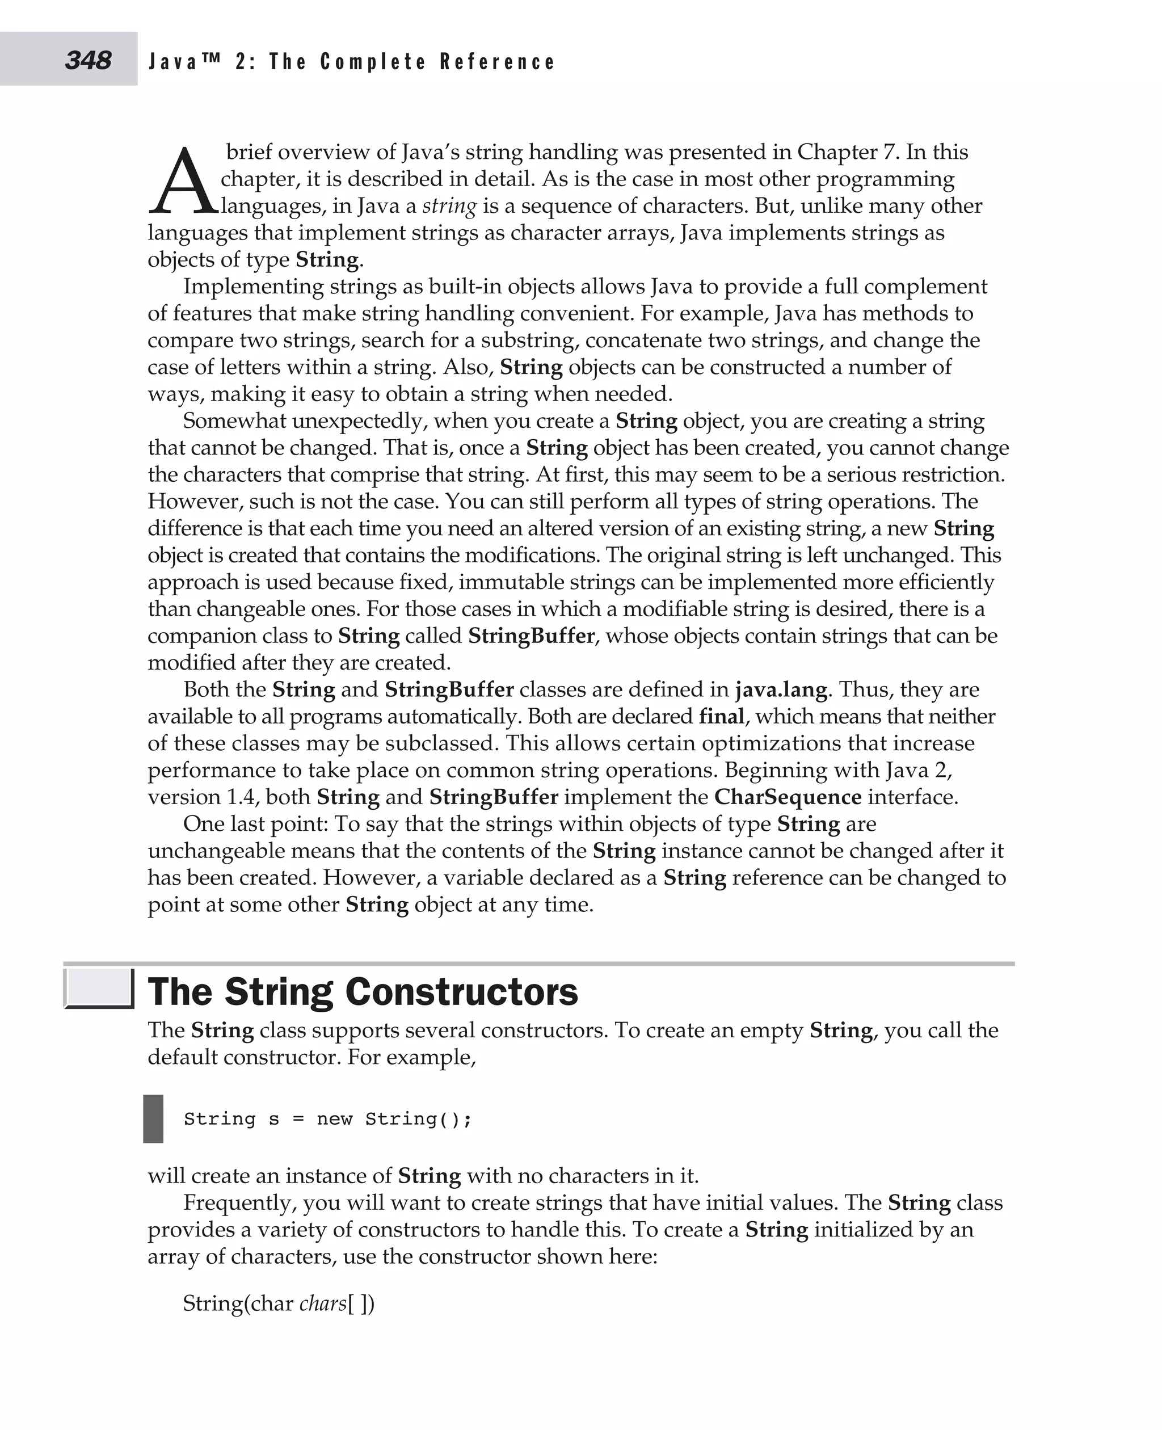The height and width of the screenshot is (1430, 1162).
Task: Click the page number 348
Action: (88, 60)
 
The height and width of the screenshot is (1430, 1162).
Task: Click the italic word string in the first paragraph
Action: (449, 205)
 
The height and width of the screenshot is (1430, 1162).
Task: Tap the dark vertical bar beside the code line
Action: (153, 1118)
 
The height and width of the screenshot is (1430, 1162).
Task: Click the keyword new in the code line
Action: (334, 1118)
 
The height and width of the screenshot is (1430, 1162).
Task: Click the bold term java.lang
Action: (781, 689)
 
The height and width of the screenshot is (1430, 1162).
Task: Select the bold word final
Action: (721, 716)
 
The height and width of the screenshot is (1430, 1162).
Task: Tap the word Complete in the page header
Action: (372, 62)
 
